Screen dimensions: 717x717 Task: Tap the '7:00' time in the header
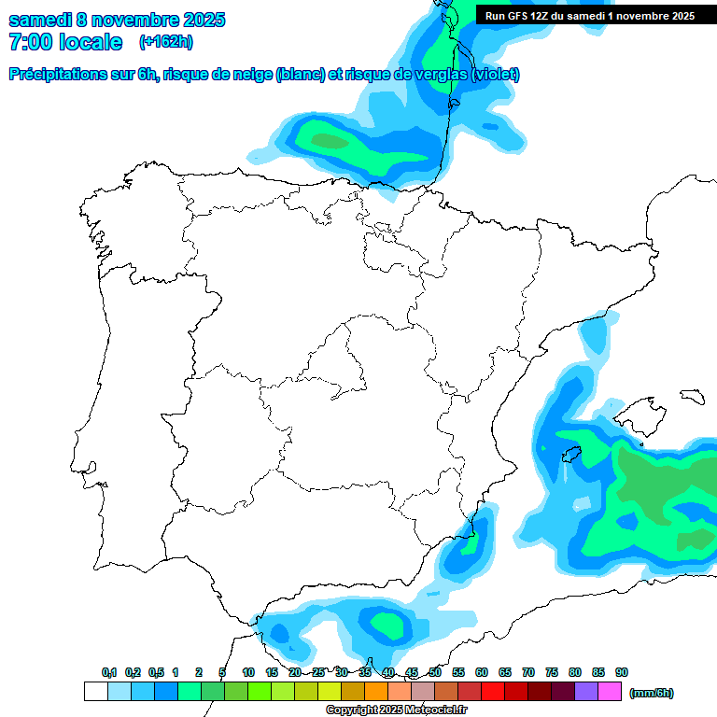pyautogui.click(x=31, y=43)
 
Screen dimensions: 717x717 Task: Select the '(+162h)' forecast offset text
pyautogui.click(x=166, y=42)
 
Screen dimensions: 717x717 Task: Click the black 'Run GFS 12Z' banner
pyautogui.click(x=588, y=15)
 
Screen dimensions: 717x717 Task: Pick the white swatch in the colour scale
pyautogui.click(x=95, y=692)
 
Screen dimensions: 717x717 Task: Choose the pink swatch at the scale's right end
pyautogui.click(x=610, y=692)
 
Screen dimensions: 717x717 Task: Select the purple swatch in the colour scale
pyautogui.click(x=586, y=692)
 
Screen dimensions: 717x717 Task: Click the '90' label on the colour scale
pyautogui.click(x=622, y=672)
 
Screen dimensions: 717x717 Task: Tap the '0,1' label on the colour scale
pyautogui.click(x=109, y=672)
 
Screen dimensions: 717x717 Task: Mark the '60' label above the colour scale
pyautogui.click(x=482, y=672)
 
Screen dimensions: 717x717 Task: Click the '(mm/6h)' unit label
pyautogui.click(x=652, y=693)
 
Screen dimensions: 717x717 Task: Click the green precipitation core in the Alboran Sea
pyautogui.click(x=385, y=621)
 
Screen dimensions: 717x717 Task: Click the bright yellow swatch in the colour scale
pyautogui.click(x=329, y=692)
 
